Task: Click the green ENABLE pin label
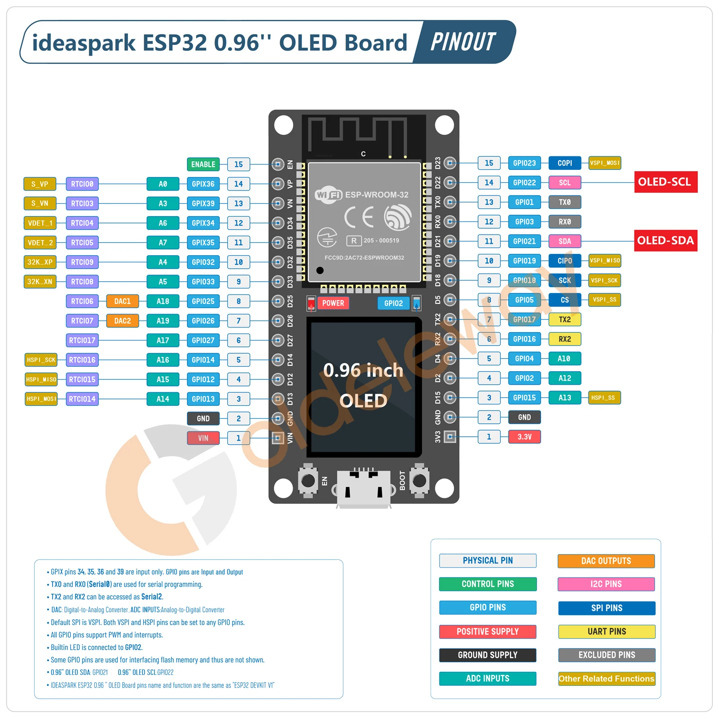(203, 164)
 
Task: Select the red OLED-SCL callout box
(666, 182)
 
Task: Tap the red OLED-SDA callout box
(666, 241)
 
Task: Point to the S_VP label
(40, 184)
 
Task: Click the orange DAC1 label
(122, 301)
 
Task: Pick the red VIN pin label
(203, 438)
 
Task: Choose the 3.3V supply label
(524, 437)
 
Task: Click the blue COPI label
(565, 163)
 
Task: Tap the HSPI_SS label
(604, 398)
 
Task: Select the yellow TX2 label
(565, 320)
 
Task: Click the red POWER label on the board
(333, 303)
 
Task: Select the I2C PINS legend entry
(606, 584)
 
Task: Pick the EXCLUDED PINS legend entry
(607, 655)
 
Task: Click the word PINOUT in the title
(463, 42)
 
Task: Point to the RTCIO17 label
(82, 341)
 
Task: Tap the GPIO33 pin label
(203, 282)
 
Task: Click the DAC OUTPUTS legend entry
(606, 561)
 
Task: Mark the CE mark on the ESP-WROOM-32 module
(359, 217)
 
